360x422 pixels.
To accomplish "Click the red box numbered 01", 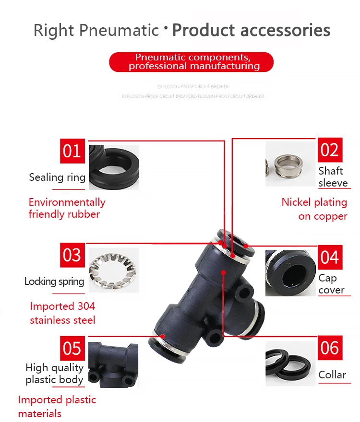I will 72,151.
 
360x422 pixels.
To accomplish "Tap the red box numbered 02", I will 330,150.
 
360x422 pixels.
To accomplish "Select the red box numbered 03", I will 72,255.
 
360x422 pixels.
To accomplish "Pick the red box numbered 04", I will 330,257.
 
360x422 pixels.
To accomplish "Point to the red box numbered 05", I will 72,348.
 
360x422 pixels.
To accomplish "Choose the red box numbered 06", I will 330,348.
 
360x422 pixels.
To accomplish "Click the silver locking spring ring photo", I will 113,269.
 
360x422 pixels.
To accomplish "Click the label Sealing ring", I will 57,177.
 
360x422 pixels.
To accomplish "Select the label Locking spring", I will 54,281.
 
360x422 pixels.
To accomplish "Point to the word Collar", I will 332,375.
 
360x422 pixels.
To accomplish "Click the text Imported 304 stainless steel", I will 62,313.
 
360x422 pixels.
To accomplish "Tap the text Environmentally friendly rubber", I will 66,208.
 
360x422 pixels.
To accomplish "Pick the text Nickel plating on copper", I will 315,209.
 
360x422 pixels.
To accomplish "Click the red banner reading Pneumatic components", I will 191,62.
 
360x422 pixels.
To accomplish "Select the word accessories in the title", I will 285,30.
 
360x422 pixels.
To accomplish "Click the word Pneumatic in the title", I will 119,30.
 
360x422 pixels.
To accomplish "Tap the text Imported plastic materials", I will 57,407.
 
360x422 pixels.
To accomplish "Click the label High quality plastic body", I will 54,374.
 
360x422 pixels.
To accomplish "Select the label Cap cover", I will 331,284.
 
